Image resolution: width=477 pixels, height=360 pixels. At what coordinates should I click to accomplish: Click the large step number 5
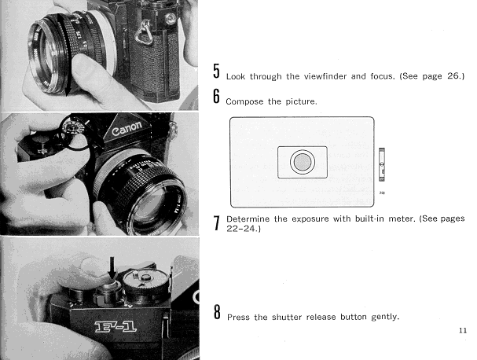point(216,72)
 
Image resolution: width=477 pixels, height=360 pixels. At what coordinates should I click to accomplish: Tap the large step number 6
point(216,96)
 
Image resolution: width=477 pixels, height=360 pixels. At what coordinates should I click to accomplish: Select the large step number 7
point(216,223)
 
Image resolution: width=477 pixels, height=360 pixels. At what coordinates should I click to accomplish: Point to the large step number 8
point(217,311)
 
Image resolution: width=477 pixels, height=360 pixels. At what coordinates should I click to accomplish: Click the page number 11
point(463,330)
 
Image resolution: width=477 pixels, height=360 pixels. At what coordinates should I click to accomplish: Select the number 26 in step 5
point(453,75)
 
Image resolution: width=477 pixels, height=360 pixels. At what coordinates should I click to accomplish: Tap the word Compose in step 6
point(244,101)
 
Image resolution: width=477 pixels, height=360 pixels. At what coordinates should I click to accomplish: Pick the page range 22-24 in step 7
point(242,228)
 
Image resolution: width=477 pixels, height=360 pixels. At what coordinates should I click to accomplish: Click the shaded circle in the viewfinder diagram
point(302,162)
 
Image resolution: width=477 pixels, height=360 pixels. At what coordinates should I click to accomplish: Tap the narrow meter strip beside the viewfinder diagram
point(381,164)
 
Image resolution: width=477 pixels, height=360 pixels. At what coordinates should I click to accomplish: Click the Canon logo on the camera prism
point(127,128)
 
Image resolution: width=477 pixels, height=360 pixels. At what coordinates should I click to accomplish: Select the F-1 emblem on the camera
point(116,327)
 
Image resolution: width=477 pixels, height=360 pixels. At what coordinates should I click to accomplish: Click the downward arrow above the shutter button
point(112,268)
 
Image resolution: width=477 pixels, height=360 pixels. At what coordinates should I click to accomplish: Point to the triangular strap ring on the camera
point(144,32)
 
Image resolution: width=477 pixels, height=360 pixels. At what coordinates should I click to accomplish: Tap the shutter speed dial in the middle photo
point(72,129)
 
